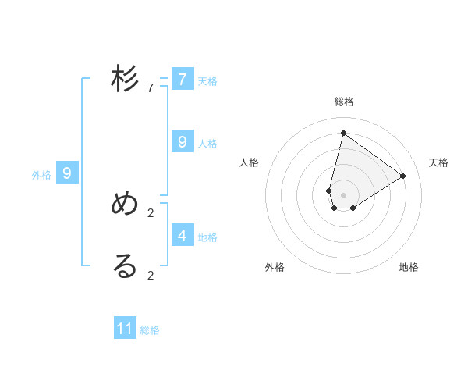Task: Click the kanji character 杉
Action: (125, 80)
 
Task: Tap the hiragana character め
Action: (125, 204)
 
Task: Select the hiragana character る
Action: (125, 266)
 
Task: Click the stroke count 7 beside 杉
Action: (150, 88)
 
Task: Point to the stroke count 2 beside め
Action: (150, 212)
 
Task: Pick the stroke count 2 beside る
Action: (150, 275)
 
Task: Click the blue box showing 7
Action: (183, 80)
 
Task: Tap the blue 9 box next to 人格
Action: (183, 142)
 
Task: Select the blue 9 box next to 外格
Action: (67, 173)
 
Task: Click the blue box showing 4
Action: (183, 235)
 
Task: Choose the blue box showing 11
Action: (125, 329)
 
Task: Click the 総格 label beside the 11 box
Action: (150, 330)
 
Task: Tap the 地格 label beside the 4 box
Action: (207, 237)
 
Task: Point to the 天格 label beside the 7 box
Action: (207, 81)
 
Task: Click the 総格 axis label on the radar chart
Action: (344, 102)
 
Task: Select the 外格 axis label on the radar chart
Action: (275, 267)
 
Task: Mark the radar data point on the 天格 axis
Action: (403, 176)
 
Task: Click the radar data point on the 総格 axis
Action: (343, 133)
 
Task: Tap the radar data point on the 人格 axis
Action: (329, 191)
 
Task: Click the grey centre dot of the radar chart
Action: (343, 195)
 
